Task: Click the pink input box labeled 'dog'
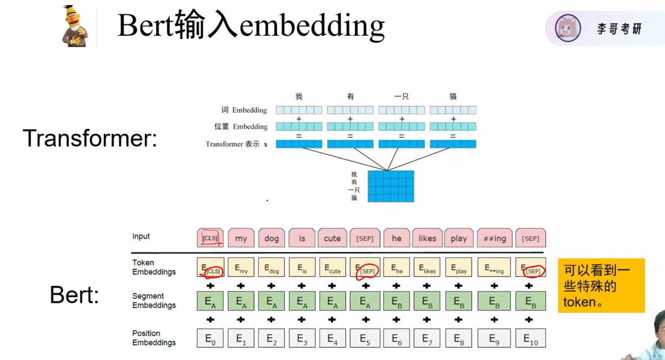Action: click(272, 238)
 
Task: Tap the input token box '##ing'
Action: click(494, 238)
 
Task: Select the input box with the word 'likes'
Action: click(427, 238)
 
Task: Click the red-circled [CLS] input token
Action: click(210, 238)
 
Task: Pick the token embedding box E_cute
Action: click(332, 267)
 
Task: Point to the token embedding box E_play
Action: click(458, 267)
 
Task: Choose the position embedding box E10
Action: click(530, 338)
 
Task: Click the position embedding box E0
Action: click(210, 338)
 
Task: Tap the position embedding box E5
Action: click(365, 338)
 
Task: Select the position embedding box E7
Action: click(427, 338)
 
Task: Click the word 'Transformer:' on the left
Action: click(90, 139)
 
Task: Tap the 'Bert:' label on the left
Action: click(74, 295)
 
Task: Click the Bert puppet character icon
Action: click(75, 26)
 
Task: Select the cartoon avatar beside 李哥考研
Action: click(568, 28)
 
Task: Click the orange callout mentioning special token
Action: click(601, 285)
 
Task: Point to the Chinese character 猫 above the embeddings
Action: click(453, 96)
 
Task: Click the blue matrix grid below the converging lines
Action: click(391, 186)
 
